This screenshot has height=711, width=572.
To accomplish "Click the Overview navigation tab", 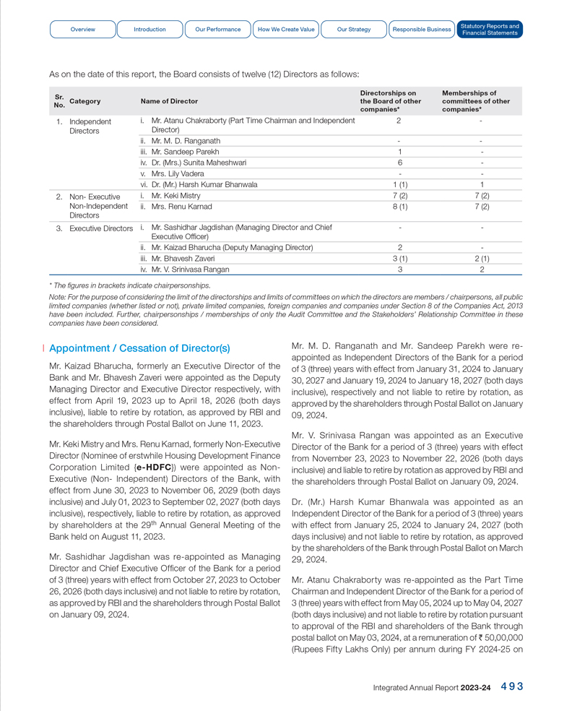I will click(83, 30).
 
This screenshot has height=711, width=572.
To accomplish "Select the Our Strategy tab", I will click(354, 30).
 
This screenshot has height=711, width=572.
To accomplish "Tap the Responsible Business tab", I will click(422, 30).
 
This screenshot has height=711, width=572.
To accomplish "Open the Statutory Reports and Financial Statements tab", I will click(490, 30).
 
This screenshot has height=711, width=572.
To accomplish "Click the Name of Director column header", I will click(169, 101).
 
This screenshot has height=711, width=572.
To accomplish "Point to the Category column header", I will click(84, 101).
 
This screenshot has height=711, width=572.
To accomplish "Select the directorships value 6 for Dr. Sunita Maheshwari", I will click(399, 163).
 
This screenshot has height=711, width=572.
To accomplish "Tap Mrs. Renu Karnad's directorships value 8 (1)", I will click(399, 207).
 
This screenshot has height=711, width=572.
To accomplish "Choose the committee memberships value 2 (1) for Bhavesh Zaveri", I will click(482, 258).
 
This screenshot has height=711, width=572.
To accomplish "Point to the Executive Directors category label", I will click(101, 228).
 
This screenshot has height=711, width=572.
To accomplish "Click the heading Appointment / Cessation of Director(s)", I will click(139, 348).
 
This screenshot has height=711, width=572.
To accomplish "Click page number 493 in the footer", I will click(512, 687).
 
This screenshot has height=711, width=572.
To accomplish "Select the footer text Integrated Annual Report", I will click(415, 688).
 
